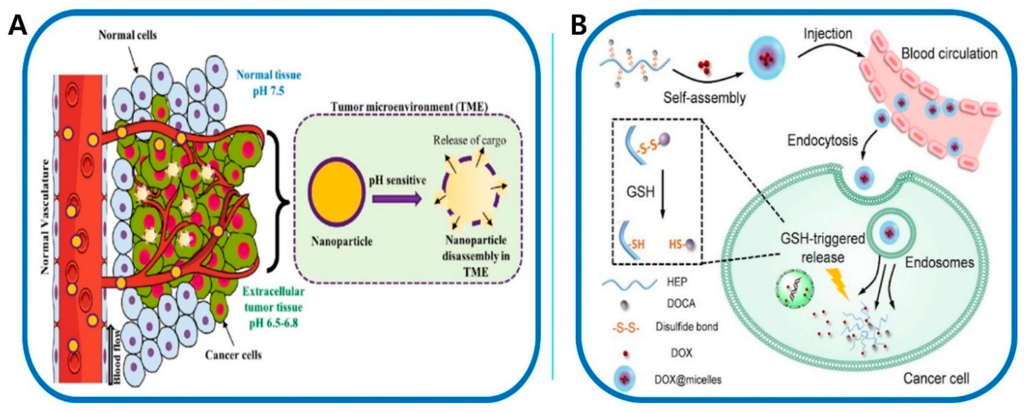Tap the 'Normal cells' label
pyautogui.click(x=128, y=36)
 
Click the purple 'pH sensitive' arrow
pyautogui.click(x=396, y=198)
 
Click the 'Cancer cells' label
pyautogui.click(x=234, y=354)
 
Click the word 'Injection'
pyautogui.click(x=828, y=34)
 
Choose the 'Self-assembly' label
pyautogui.click(x=704, y=98)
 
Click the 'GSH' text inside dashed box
pyautogui.click(x=641, y=192)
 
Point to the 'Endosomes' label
pyautogui.click(x=939, y=262)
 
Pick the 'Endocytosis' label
pyautogui.click(x=822, y=140)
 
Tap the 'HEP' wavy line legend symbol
pyautogui.click(x=629, y=283)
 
